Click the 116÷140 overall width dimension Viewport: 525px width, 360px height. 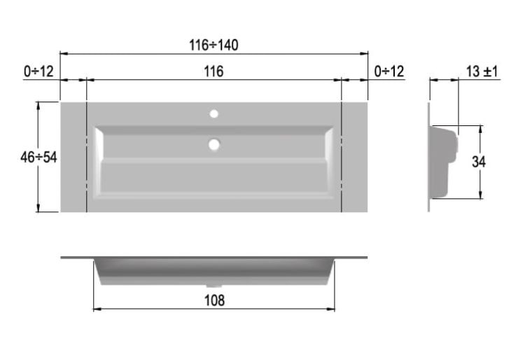(214, 45)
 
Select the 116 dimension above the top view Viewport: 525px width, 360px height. (213, 71)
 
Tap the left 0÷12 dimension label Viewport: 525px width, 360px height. (38, 71)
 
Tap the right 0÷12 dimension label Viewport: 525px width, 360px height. (389, 71)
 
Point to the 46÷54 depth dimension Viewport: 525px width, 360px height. (38, 157)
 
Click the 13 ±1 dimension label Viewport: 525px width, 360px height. (482, 71)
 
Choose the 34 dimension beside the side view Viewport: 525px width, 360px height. (479, 162)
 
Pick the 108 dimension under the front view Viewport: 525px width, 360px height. (214, 300)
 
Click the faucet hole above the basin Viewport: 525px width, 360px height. (214, 114)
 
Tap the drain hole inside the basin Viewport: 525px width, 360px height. (214, 145)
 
